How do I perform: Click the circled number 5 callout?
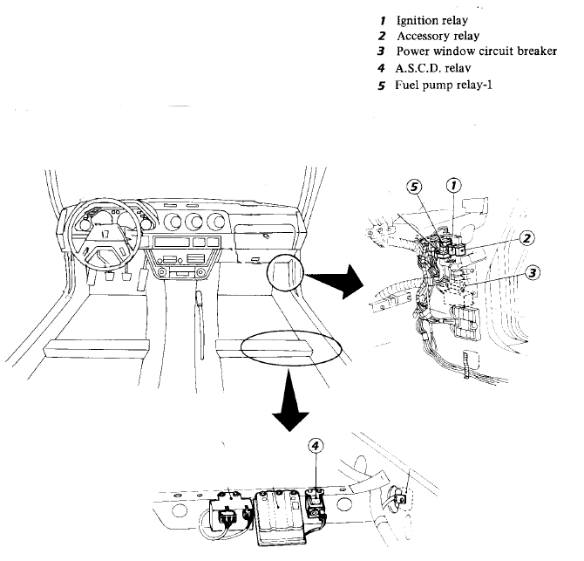[x=418, y=186]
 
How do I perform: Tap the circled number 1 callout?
[x=454, y=184]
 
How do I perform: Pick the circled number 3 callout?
[x=533, y=272]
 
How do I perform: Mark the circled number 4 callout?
[x=316, y=445]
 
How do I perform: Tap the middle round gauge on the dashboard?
[x=194, y=220]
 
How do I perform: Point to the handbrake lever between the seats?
[x=200, y=305]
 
